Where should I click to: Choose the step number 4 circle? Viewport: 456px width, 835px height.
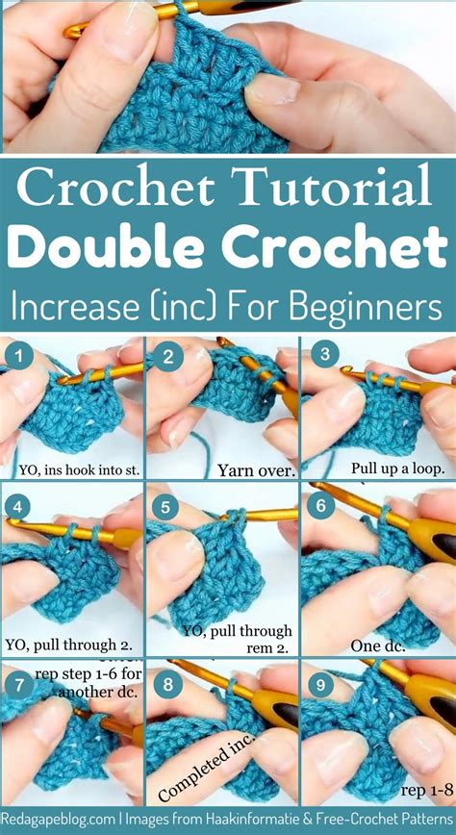click(x=18, y=507)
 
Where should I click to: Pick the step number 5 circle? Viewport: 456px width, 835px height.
click(x=168, y=507)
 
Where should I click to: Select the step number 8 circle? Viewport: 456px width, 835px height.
click(x=168, y=684)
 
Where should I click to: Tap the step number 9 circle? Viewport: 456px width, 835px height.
click(x=322, y=684)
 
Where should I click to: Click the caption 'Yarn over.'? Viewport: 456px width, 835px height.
click(x=224, y=471)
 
